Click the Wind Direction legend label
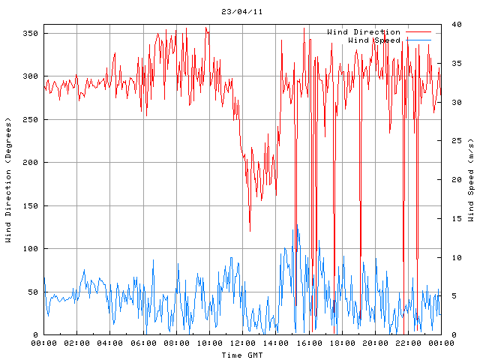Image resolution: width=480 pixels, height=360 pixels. tap(364, 32)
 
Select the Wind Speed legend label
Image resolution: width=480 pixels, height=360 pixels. tap(374, 40)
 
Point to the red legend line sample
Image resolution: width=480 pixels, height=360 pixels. tap(419, 32)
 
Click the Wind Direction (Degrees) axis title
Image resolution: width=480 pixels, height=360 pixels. tap(8, 180)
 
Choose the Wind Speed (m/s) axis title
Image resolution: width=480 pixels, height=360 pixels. tap(471, 180)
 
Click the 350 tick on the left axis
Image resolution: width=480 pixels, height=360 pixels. tap(30, 34)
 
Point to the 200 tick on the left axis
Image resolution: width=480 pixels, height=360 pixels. tap(30, 163)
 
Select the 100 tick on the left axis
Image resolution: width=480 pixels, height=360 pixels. tap(30, 249)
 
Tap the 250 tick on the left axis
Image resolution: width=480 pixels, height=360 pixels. tap(30, 120)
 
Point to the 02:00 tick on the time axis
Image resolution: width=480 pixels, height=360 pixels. tap(77, 343)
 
